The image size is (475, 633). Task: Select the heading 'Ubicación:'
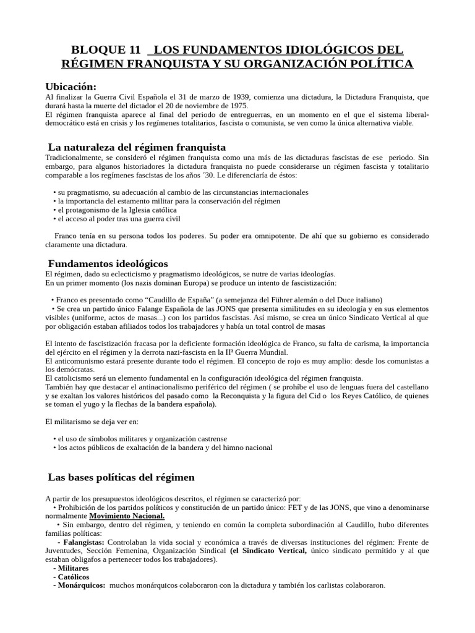[x=71, y=86]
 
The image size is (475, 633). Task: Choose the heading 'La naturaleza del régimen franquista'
[x=137, y=147]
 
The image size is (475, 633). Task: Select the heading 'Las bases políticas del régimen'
[x=121, y=477]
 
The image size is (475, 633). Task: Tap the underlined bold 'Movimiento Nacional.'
[x=127, y=516]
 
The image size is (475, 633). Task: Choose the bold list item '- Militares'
[x=71, y=567]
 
